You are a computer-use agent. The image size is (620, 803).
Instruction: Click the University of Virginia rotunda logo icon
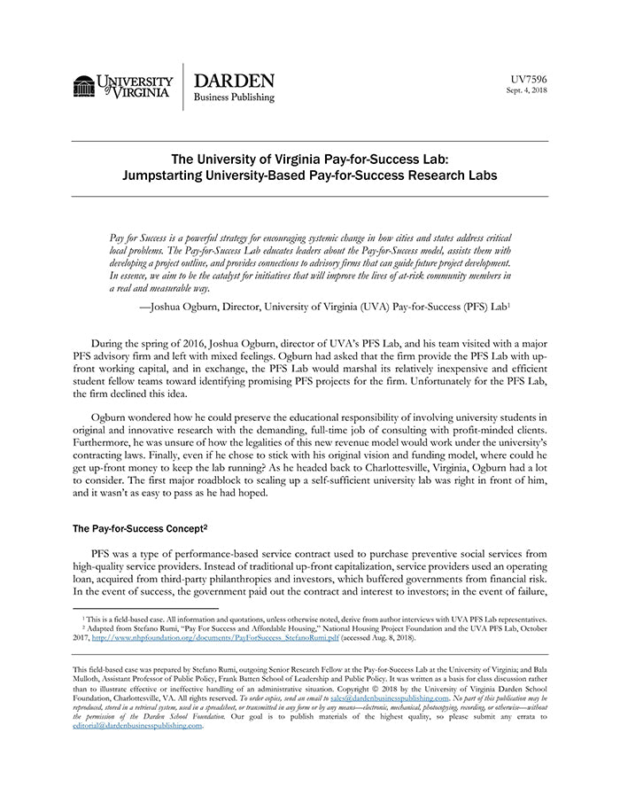[x=84, y=87]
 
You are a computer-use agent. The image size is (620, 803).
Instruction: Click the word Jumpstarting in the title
[x=165, y=175]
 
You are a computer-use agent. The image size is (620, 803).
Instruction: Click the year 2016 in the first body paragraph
[x=182, y=339]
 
